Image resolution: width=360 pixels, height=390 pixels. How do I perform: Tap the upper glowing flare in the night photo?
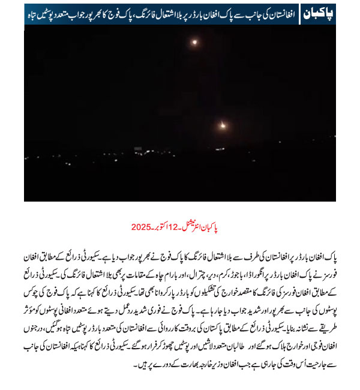pos(194,43)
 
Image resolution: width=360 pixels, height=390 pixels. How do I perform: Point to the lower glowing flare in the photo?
pos(223,125)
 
